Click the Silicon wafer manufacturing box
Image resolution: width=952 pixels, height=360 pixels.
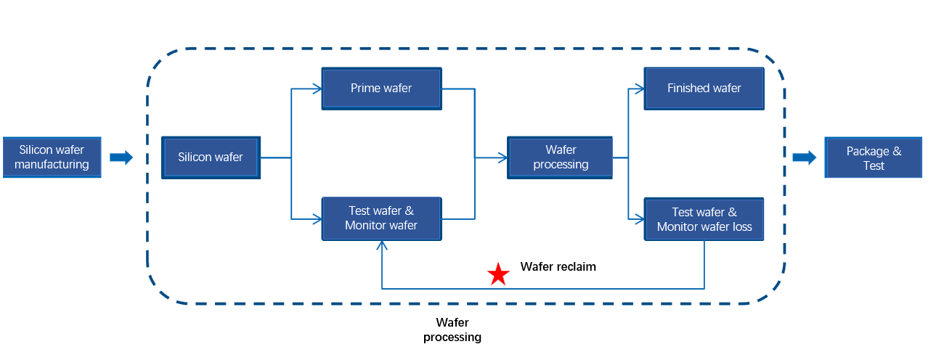pyautogui.click(x=51, y=157)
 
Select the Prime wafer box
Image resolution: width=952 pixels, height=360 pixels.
pyautogui.click(x=381, y=89)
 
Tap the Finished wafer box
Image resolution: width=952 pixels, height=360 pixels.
pyautogui.click(x=704, y=89)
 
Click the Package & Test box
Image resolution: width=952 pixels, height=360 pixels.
pyautogui.click(x=874, y=158)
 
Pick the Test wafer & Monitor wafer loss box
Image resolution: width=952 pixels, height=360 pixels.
pyautogui.click(x=704, y=219)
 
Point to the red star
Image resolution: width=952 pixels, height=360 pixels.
pyautogui.click(x=498, y=274)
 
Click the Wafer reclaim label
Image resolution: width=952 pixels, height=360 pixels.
pyautogui.click(x=558, y=267)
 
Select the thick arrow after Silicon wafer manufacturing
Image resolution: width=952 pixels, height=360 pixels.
pyautogui.click(x=121, y=157)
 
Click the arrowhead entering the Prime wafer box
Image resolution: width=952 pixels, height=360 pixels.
pyautogui.click(x=317, y=89)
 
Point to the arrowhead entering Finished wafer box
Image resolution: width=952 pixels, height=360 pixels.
pyautogui.click(x=640, y=89)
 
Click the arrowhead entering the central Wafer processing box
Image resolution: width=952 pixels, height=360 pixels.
pyautogui.click(x=502, y=157)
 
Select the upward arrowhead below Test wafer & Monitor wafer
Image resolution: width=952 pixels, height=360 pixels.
pyautogui.click(x=382, y=246)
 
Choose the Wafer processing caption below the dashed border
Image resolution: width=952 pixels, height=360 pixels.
pyautogui.click(x=452, y=330)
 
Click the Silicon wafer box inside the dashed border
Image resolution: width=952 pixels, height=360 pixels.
pyautogui.click(x=211, y=157)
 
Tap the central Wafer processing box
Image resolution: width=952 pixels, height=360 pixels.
pyautogui.click(x=560, y=157)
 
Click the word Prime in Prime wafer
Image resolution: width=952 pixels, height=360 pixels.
pyautogui.click(x=365, y=89)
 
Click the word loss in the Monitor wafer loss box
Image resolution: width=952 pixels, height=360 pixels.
pyautogui.click(x=740, y=227)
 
